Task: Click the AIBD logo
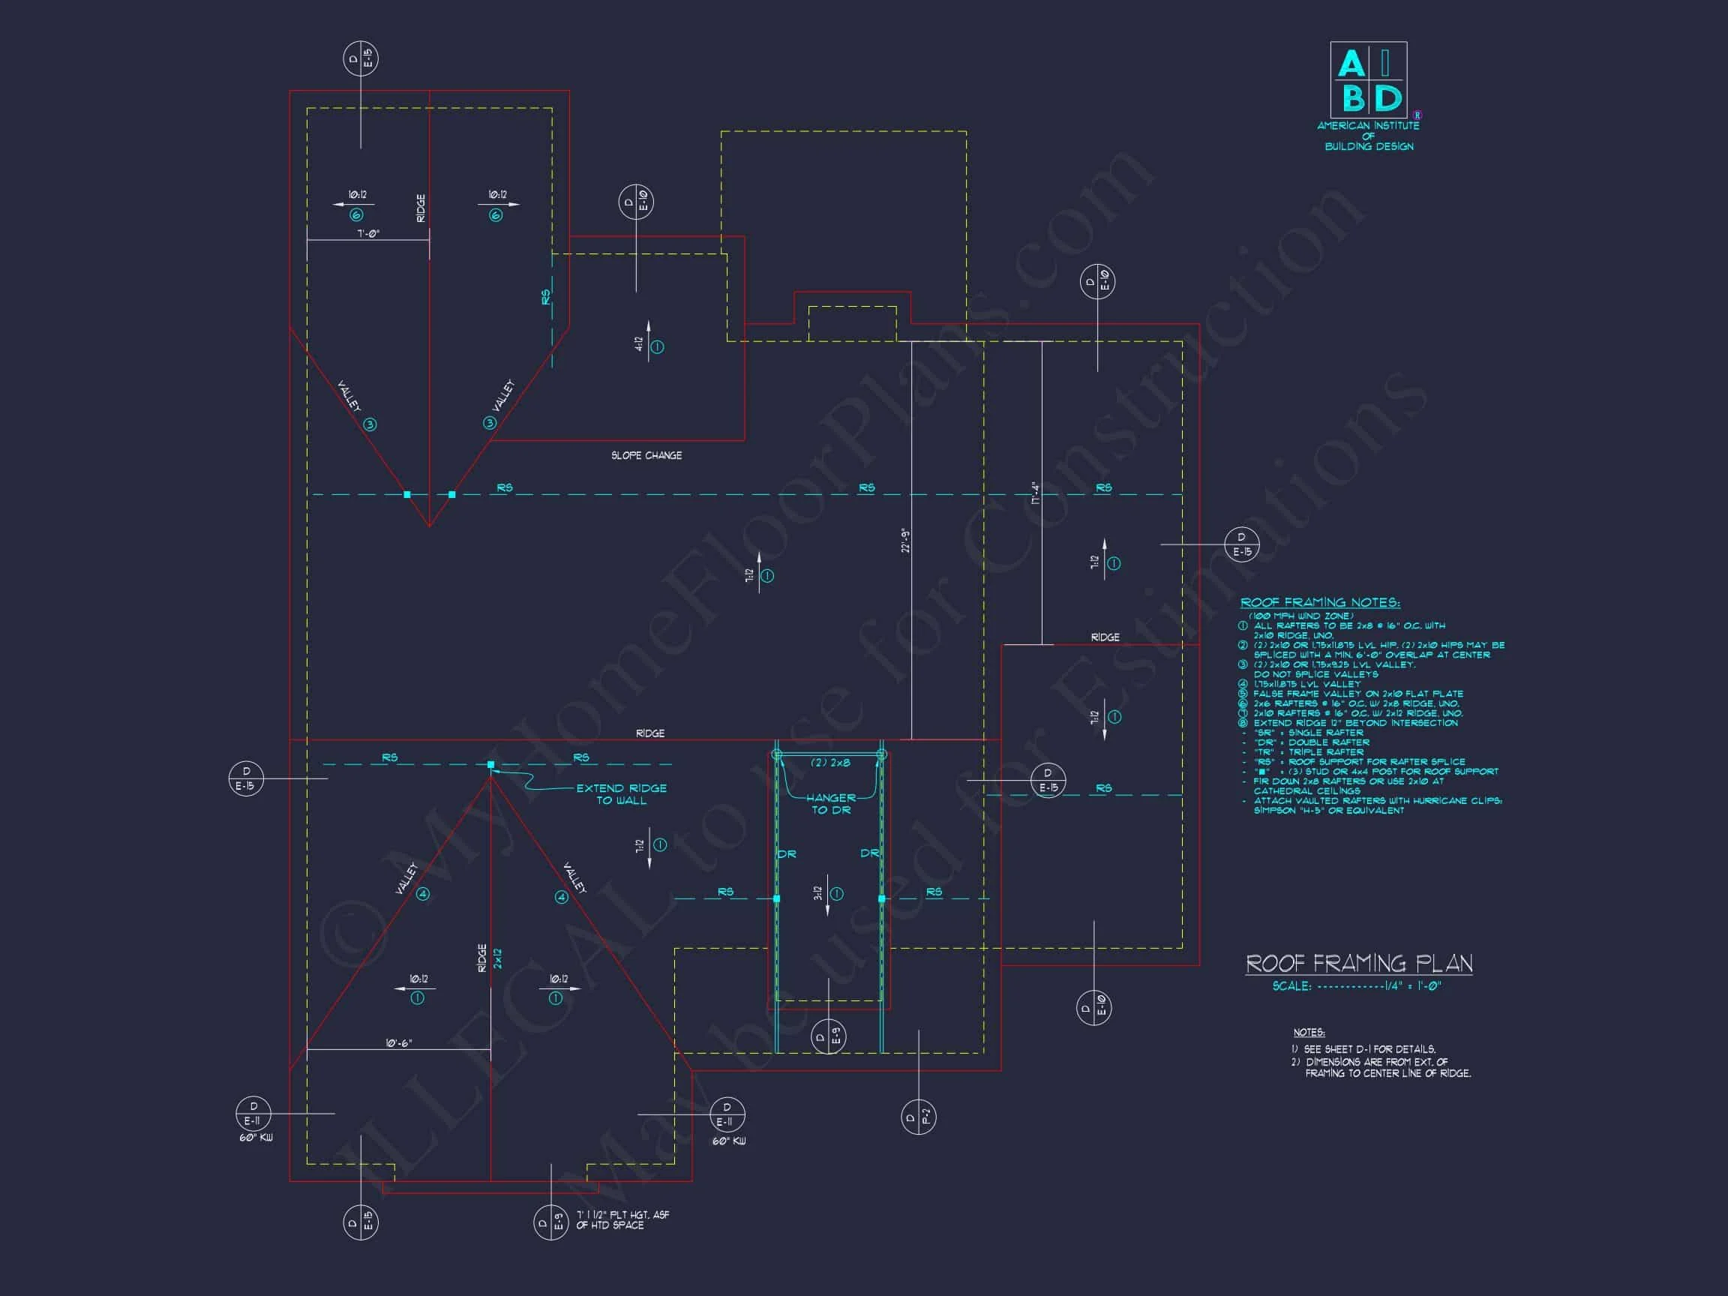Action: point(1368,80)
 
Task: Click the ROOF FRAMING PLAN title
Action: point(1358,964)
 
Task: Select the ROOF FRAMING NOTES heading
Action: point(1320,602)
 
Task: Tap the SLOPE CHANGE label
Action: point(646,455)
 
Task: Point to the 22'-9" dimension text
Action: point(905,541)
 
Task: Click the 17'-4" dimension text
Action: point(1036,493)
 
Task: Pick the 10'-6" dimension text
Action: point(398,1043)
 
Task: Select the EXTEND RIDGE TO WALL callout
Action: point(621,794)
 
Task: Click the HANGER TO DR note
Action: point(830,804)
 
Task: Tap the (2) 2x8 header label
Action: point(829,763)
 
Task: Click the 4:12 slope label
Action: point(639,344)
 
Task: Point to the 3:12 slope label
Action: point(818,893)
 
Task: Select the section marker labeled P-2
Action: point(918,1117)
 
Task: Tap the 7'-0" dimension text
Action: point(368,233)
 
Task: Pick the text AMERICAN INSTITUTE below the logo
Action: point(1368,126)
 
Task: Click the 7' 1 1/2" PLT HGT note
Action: point(622,1220)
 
